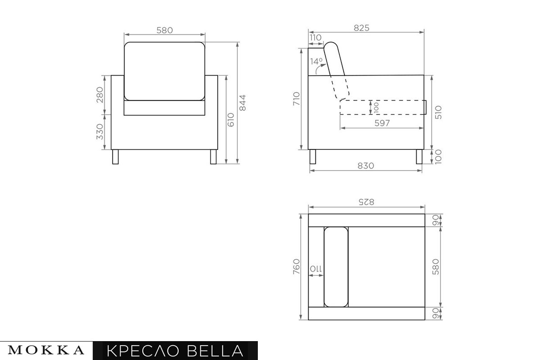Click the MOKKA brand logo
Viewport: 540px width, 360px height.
[47, 350]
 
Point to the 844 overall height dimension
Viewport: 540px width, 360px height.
[243, 103]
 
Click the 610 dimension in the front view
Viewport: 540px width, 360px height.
[231, 120]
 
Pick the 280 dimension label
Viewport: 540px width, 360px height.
[100, 94]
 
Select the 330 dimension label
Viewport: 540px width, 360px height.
[100, 131]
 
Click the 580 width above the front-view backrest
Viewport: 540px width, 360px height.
[164, 30]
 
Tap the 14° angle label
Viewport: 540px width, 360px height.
[316, 61]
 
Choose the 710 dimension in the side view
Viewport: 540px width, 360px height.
[296, 99]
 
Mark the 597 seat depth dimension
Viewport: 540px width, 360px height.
[382, 123]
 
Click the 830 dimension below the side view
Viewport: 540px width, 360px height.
[366, 166]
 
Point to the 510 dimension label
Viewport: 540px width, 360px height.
[439, 112]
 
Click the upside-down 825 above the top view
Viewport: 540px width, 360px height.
[366, 202]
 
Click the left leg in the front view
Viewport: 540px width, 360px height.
[115, 157]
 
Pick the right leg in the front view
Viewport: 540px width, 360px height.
[213, 157]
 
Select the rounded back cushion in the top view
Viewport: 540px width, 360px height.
[336, 267]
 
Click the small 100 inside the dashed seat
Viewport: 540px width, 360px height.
[376, 108]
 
